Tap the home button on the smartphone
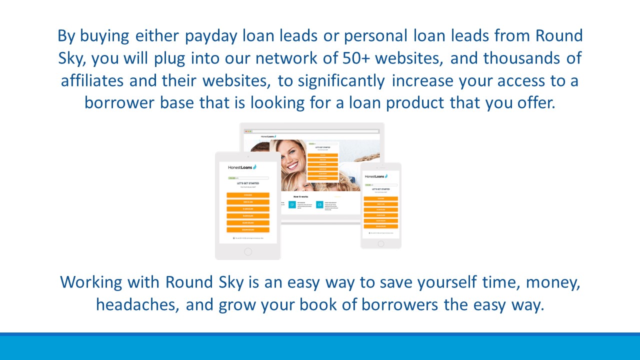381,243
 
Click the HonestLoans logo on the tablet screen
242,167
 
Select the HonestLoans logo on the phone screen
376,176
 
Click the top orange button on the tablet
248,195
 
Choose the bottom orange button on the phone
381,226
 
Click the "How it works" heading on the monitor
301,196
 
